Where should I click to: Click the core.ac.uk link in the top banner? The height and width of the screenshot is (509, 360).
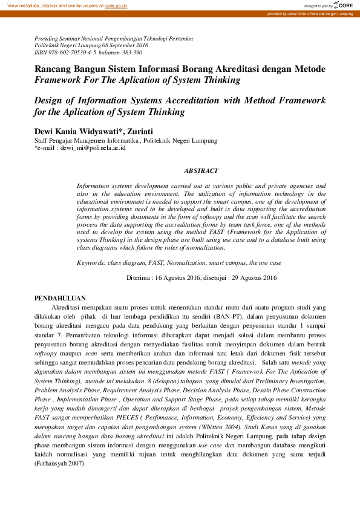pos(116,5)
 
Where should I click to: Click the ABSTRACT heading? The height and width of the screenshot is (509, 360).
pos(201,171)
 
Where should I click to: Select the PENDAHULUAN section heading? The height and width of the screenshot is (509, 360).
pos(60,299)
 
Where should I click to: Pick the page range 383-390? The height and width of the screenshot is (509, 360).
pos(132,53)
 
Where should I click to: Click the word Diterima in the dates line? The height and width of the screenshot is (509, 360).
pos(139,278)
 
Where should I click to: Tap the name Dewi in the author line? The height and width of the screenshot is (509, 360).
pos(46,131)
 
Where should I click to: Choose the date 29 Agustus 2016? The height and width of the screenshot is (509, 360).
pos(255,278)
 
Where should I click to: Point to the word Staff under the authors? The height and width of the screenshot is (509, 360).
pos(43,141)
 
